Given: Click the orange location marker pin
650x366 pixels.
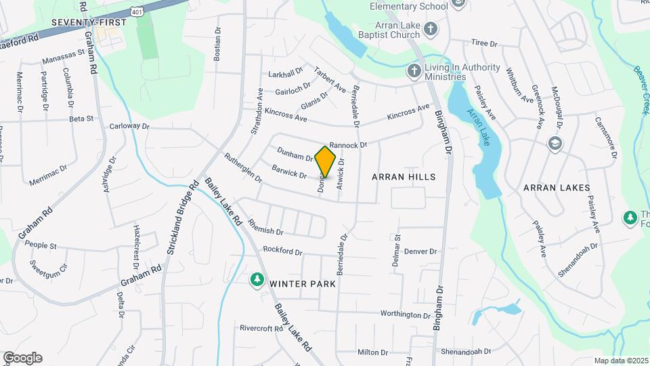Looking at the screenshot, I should [x=326, y=161].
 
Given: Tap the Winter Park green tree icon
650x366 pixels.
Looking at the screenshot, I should [x=257, y=280].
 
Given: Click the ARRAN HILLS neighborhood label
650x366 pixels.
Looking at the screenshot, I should [x=403, y=176].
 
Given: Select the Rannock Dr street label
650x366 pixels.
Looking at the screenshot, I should [x=347, y=145].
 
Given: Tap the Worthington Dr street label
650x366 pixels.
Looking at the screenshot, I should [x=405, y=314].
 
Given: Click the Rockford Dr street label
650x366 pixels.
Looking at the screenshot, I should [x=282, y=251].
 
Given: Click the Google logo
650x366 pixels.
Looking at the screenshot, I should [x=22, y=357].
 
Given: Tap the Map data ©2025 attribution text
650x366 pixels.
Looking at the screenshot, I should [x=620, y=361].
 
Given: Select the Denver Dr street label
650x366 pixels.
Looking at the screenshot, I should [x=420, y=251].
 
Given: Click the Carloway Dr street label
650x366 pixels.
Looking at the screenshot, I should [x=129, y=126].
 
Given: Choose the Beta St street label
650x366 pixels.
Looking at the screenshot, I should [x=81, y=119].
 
